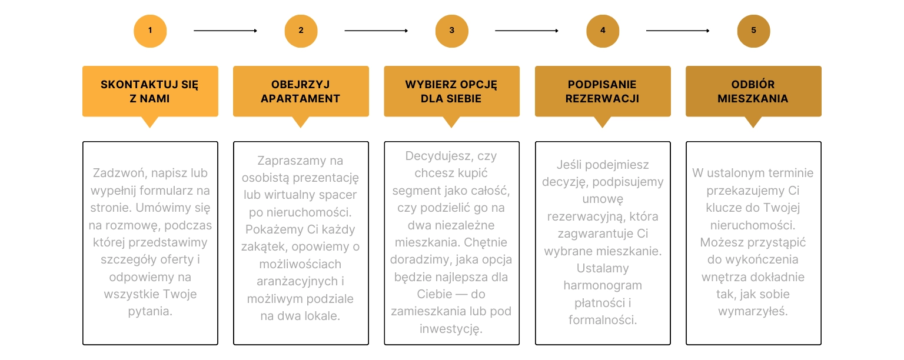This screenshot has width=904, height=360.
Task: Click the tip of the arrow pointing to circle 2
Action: pos(257,31)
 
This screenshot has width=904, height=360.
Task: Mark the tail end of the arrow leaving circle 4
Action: pos(646,31)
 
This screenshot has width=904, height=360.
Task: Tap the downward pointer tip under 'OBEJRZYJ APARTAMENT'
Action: pos(301,128)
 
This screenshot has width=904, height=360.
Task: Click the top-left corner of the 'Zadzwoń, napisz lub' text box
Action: pos(83,142)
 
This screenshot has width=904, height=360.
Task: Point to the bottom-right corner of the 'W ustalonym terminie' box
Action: pos(821,345)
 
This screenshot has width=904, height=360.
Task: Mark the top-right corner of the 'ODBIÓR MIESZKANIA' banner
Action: pos(821,66)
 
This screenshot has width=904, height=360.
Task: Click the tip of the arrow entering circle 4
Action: pos(559,31)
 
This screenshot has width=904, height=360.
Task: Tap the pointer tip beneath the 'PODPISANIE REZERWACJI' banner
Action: pos(603,128)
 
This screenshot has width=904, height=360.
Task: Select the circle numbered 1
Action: pos(150,31)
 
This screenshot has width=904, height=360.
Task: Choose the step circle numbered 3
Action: pos(452,31)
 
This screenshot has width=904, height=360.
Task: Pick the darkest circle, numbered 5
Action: pos(753,31)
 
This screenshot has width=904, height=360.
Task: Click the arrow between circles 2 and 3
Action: pos(376,31)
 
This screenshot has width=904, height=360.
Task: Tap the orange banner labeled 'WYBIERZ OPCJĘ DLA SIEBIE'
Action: pos(451,91)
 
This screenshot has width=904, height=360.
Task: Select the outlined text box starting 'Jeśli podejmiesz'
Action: pos(603,243)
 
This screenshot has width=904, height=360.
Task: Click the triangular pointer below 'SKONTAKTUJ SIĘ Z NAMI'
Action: pos(150,122)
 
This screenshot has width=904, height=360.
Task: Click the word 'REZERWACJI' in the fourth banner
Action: pos(602,98)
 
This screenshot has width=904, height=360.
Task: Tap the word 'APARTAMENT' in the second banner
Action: pos(300,98)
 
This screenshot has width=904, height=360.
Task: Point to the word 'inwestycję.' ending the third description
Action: pos(451,329)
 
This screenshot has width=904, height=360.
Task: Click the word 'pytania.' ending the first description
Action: pos(150,312)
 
